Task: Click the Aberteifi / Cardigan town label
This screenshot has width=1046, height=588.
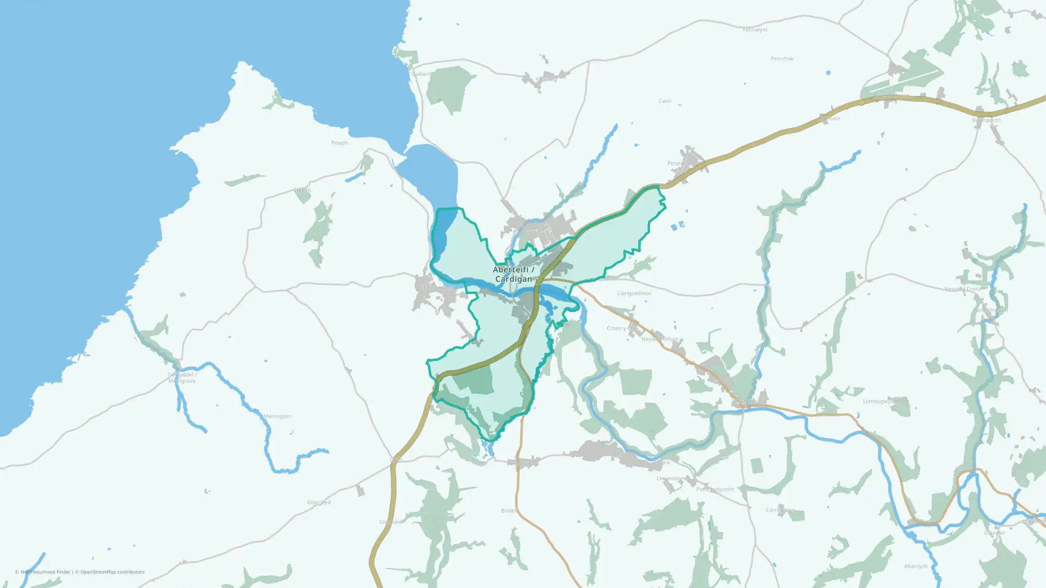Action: pyautogui.click(x=513, y=274)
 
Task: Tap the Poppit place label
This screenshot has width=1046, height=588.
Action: pyautogui.click(x=339, y=143)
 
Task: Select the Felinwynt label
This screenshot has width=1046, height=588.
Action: pyautogui.click(x=755, y=30)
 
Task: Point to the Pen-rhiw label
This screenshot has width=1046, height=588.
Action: pyautogui.click(x=782, y=59)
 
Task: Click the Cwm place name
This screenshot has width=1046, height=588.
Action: pyautogui.click(x=664, y=101)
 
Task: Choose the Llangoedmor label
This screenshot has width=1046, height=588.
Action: pyautogui.click(x=634, y=293)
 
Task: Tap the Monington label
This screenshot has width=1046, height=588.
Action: pyautogui.click(x=277, y=417)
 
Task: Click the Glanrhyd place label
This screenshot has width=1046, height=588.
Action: pyautogui.click(x=319, y=502)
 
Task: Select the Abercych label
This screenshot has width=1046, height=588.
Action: pyautogui.click(x=915, y=567)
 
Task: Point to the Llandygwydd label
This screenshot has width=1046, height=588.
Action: pyautogui.click(x=880, y=401)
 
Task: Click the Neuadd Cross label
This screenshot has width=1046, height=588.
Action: pyautogui.click(x=962, y=289)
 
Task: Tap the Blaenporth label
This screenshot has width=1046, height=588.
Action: pyautogui.click(x=986, y=120)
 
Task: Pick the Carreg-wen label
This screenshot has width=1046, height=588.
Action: pyautogui.click(x=780, y=510)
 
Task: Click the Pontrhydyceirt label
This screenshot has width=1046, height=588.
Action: pyautogui.click(x=715, y=489)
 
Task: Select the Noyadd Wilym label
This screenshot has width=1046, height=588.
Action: pyautogui.click(x=660, y=339)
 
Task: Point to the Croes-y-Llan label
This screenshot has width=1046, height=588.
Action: pyautogui.click(x=622, y=328)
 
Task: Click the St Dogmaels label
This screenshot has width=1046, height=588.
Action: pyautogui.click(x=436, y=288)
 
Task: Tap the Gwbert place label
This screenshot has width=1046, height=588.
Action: pyautogui.click(x=421, y=74)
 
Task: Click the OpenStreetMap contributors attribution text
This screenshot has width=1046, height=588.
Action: pyautogui.click(x=112, y=572)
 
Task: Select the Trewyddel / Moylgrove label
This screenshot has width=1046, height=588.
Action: pyautogui.click(x=182, y=378)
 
